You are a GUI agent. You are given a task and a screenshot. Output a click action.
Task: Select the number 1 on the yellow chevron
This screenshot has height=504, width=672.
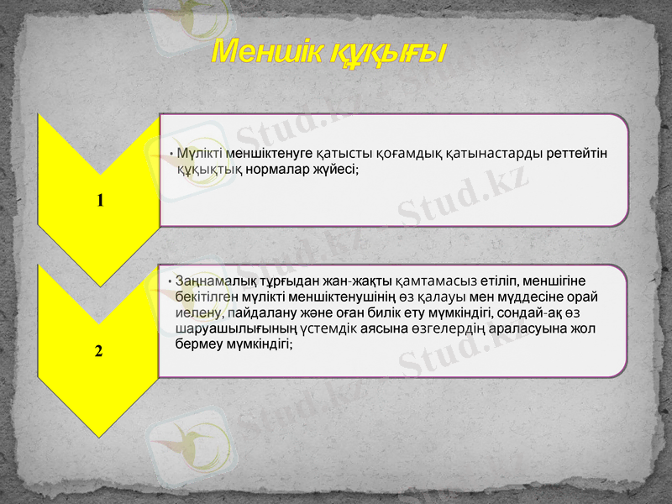tap(100, 200)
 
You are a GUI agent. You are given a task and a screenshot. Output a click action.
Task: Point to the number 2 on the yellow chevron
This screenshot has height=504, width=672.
tap(99, 350)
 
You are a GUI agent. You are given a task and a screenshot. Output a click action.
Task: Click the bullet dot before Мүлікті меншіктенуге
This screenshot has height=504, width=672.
tap(171, 155)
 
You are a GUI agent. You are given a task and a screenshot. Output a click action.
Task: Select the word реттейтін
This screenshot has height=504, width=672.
tap(577, 154)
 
